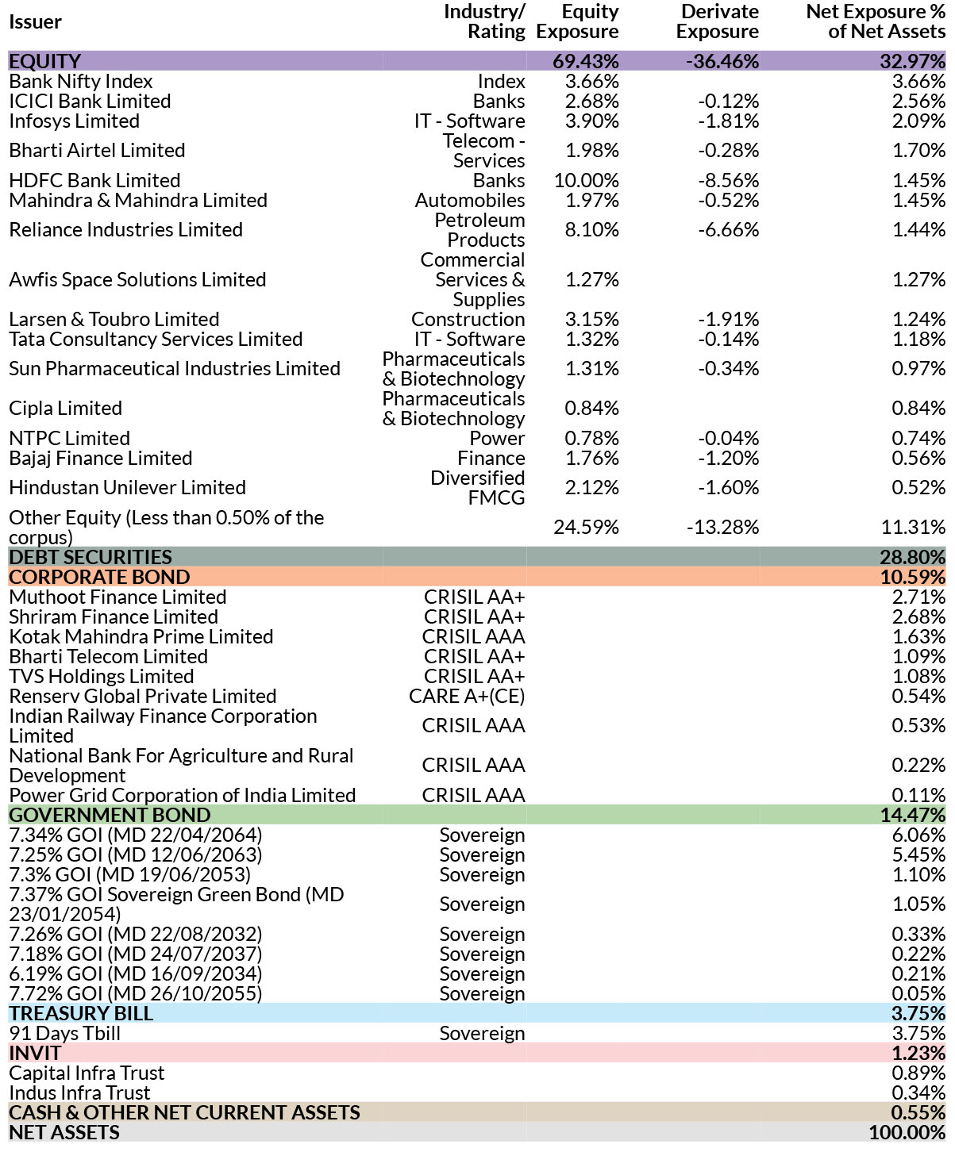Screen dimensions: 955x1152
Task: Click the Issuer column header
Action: tap(36, 22)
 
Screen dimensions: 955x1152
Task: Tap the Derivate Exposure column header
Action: tap(717, 21)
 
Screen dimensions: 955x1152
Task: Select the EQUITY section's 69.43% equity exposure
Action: tap(586, 60)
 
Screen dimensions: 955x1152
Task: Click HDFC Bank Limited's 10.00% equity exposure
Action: tap(586, 180)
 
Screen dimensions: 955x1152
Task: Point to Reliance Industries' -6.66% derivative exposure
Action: tap(728, 229)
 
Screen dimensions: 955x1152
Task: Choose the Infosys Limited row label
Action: tap(75, 121)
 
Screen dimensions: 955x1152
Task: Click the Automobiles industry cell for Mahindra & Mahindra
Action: tap(470, 200)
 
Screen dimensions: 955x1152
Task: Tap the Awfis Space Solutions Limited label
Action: tap(137, 280)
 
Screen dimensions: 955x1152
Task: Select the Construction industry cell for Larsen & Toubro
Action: tap(468, 320)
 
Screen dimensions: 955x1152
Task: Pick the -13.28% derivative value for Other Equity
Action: tap(722, 527)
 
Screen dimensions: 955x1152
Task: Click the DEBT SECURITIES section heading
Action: tap(90, 557)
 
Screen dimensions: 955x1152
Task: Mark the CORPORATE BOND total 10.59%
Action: tap(912, 577)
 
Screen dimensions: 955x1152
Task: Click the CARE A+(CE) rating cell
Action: tap(467, 697)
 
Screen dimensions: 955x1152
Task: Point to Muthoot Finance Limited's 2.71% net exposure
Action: tap(918, 597)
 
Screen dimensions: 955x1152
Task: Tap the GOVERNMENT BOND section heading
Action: tap(110, 815)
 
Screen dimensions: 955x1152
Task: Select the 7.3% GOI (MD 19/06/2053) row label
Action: tap(129, 874)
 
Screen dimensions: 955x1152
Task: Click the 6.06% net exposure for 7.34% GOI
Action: tap(918, 835)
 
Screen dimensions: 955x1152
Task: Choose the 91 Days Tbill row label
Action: tap(64, 1033)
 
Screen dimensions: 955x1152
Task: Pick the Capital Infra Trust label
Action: tap(87, 1073)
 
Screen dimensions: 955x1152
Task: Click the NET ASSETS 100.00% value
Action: tap(907, 1133)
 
